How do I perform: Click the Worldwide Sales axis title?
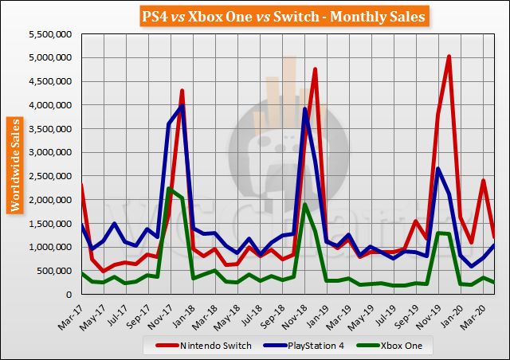[15, 164]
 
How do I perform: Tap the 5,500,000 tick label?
[51, 33]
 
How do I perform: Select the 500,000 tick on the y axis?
[56, 271]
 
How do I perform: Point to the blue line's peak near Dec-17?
[182, 106]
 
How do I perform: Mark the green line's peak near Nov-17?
[169, 188]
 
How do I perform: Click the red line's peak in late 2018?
[316, 69]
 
